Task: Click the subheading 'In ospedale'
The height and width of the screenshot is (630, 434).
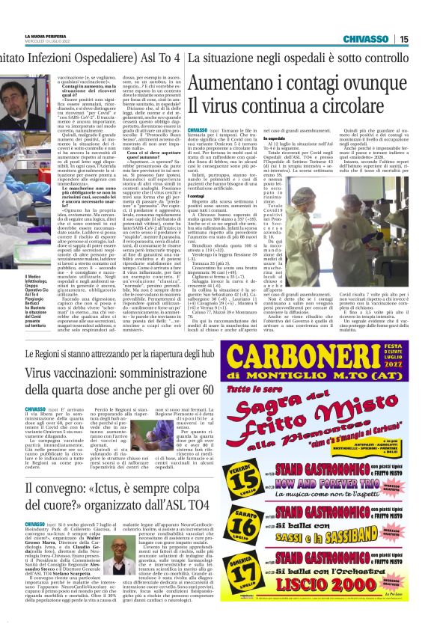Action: click(298, 139)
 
